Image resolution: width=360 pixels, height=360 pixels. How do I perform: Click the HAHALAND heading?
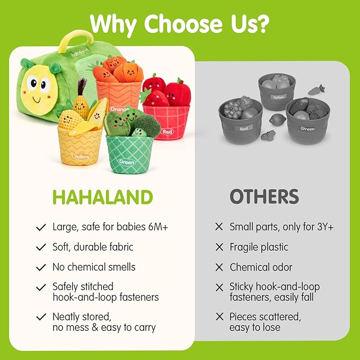102,197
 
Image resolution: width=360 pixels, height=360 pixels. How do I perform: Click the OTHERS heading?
264,197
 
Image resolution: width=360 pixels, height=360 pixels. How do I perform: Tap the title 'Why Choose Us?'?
179,23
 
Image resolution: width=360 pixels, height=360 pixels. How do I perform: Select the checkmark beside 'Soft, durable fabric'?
41,247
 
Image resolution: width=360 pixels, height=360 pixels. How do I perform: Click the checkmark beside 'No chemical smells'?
41,267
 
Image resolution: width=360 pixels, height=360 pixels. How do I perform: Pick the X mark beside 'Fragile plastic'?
219,247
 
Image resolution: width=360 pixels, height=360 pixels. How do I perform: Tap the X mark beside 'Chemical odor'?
219,267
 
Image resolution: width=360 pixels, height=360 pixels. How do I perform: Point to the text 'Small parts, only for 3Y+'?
282,227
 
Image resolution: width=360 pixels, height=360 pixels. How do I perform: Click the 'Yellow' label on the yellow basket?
82,157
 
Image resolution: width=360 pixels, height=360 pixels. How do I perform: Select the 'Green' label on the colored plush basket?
127,162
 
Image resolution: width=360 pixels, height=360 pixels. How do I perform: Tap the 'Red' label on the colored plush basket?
168,131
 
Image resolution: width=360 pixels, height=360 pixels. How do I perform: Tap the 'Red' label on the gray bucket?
243,128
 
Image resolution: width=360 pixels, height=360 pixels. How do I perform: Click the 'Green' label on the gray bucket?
307,128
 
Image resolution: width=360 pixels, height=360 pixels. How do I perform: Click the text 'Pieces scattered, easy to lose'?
265,322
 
